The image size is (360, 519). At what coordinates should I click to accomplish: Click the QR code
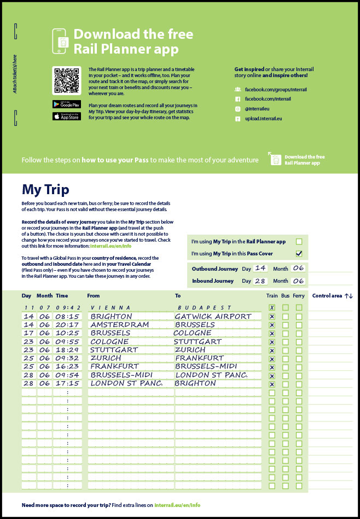(66, 80)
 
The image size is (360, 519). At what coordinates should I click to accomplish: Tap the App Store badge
(66, 116)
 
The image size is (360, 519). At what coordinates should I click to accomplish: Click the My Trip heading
(45, 190)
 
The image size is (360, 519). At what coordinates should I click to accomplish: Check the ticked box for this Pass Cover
(299, 254)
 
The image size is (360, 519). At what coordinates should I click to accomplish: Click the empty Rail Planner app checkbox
(299, 241)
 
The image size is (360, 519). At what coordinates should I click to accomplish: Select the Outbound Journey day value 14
(260, 268)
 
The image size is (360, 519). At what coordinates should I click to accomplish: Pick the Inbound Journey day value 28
(260, 281)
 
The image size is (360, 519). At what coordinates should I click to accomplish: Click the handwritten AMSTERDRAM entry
(119, 325)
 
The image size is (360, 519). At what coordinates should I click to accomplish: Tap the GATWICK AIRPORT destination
(213, 316)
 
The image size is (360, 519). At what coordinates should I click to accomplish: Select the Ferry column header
(298, 296)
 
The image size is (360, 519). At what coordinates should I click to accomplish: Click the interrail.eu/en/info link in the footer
(177, 505)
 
